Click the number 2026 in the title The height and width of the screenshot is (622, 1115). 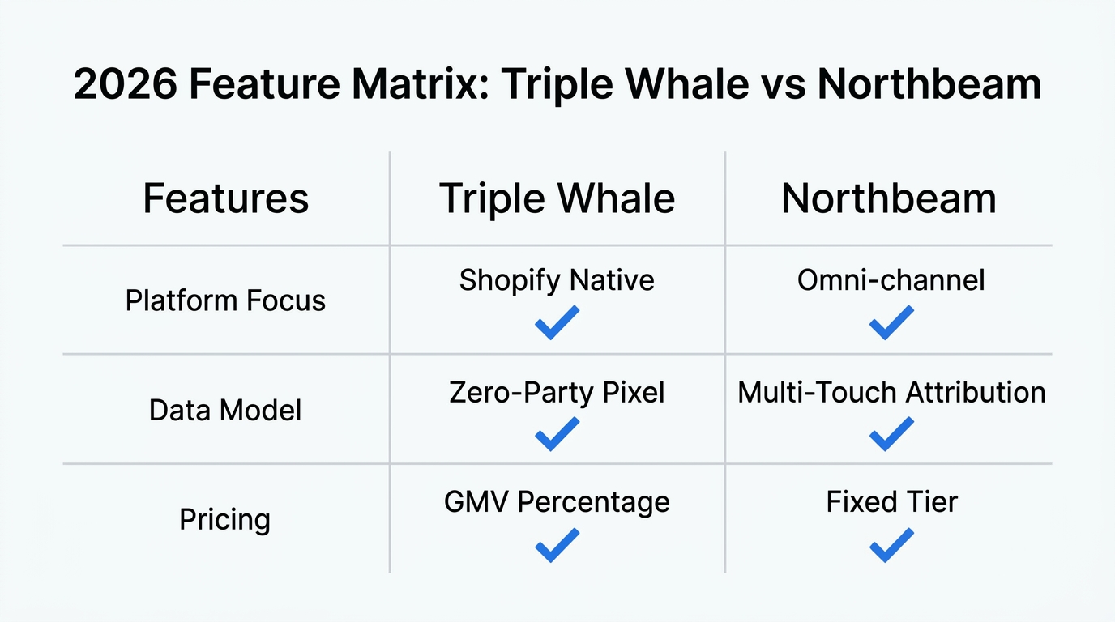point(126,84)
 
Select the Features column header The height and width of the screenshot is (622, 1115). point(225,198)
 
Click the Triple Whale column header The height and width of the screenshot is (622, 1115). point(557,198)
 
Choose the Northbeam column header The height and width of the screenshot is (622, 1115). point(888,198)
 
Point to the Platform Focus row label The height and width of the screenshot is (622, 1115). point(225,300)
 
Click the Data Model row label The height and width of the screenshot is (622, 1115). point(225,410)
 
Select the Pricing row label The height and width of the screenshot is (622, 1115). point(225,518)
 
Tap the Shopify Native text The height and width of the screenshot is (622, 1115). point(557,280)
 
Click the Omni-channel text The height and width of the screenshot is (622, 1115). point(891,280)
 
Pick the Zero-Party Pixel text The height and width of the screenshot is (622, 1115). point(557,392)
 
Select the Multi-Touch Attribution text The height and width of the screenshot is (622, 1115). point(891,392)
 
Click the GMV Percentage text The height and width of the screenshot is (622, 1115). point(557,502)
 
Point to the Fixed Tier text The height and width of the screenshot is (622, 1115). point(891,502)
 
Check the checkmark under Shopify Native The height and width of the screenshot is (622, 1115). point(557,322)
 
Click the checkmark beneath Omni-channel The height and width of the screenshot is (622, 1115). point(891,322)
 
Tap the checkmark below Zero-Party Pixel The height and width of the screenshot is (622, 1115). point(557,434)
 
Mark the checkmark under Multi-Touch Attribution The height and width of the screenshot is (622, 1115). point(891,434)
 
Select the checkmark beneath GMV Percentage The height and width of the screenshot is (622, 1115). point(557,545)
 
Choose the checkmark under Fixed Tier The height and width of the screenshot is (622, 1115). point(891,545)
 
